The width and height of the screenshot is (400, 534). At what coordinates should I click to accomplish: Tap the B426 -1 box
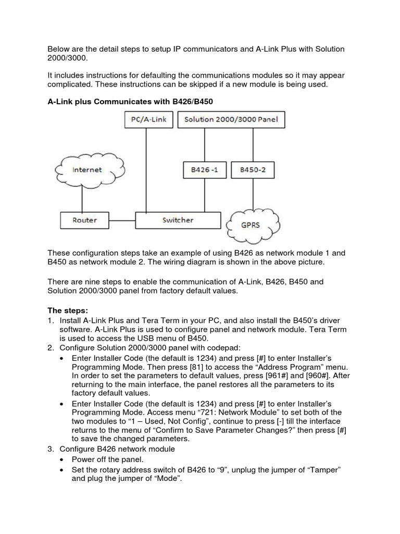point(204,169)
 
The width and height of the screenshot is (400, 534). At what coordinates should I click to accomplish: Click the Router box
point(84,220)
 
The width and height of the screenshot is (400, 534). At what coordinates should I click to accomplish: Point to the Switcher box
point(178,220)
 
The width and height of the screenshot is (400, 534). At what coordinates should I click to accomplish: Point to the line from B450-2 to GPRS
point(253,193)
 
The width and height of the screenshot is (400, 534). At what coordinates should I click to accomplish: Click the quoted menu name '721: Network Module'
point(226,412)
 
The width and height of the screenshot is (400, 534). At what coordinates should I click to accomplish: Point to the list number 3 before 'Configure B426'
point(51,449)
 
